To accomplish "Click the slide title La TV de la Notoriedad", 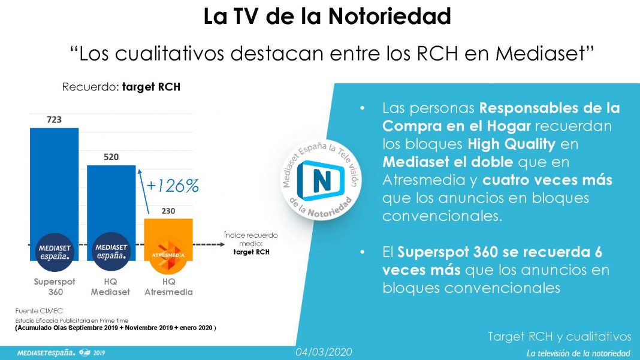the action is pos(327,16).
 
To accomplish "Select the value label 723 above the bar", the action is pos(54,120).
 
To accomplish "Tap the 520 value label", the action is pos(111,157).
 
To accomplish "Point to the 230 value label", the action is pos(168,211).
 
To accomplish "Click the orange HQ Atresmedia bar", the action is pos(168,240).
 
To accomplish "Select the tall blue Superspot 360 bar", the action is pos(55,194).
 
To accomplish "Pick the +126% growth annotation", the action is pos(172,186).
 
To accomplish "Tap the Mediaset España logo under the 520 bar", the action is pos(111,252).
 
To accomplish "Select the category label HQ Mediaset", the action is pos(110,286).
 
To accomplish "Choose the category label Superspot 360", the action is pos(55,286).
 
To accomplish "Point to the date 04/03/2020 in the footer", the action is pos(324,352).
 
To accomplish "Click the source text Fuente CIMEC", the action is pos(39,311).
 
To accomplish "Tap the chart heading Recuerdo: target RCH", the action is pos(121,87).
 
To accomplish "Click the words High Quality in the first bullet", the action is pos(511,144).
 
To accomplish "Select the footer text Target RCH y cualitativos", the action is pos(560,336).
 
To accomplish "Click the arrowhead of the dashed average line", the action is pos(222,244).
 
